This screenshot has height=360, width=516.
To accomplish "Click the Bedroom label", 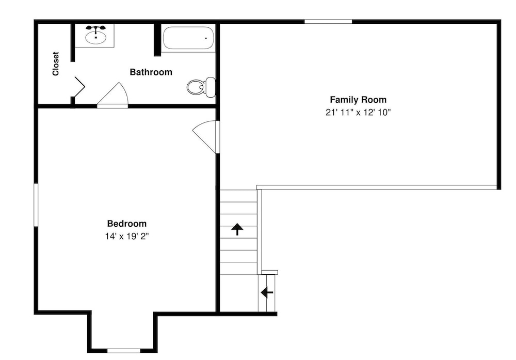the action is point(127,224).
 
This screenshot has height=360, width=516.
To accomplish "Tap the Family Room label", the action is point(358,100).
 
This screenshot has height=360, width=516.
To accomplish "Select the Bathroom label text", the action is point(151,72).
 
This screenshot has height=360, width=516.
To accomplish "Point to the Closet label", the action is point(56,64).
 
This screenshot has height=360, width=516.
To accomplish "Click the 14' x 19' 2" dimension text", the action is point(127,236).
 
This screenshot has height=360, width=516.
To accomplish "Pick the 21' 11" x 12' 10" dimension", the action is point(358,112).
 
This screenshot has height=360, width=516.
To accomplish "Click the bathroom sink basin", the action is point(96,37).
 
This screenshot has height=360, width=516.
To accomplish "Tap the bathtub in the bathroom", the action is point(188,38).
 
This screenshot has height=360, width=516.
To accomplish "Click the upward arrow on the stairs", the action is point(237,229).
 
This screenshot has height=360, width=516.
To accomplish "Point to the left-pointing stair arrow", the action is point(267,292).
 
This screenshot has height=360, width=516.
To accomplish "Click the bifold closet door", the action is point(79,87).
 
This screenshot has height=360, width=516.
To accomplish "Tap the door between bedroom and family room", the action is point(206,134).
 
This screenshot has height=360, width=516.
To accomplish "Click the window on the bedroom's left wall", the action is point(36,205).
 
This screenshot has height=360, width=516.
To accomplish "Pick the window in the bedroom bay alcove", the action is point(124,351).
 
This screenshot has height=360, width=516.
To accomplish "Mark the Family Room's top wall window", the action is point(328,21).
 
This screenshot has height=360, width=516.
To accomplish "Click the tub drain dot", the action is point(206,38).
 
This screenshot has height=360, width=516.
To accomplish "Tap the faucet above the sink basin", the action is point(96,28).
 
